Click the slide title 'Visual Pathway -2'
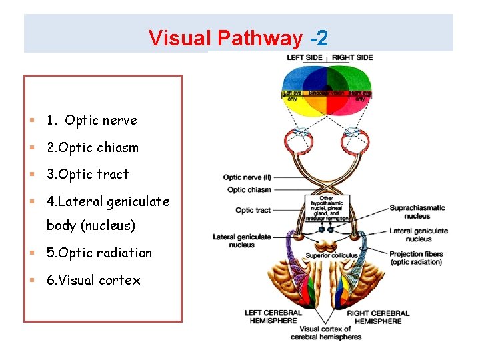[238, 38]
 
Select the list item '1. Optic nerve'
[91, 121]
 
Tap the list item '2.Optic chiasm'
[92, 147]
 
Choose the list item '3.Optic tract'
[87, 174]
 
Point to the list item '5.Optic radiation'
[99, 253]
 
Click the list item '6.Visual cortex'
[93, 280]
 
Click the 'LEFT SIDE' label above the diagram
[305, 57]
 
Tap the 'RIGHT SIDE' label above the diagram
[352, 57]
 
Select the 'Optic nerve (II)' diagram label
[247, 177]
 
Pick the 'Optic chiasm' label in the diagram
[249, 190]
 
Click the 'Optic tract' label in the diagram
[253, 211]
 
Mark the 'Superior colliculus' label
[331, 255]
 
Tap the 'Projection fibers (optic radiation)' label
[415, 258]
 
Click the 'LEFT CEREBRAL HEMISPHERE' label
[273, 317]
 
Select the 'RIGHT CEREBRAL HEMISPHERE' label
[378, 317]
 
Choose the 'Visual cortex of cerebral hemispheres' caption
[325, 333]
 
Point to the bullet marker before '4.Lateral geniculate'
[32, 201]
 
